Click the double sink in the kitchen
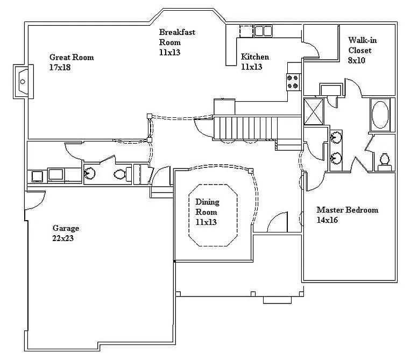coord(263,31)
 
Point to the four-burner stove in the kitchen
coord(293,81)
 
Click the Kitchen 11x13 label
coord(254,62)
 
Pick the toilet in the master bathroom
coord(385,160)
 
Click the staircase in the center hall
coord(245,128)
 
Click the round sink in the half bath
coord(90,173)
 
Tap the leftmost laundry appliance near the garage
coord(38,175)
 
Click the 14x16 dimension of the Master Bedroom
coord(327,220)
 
